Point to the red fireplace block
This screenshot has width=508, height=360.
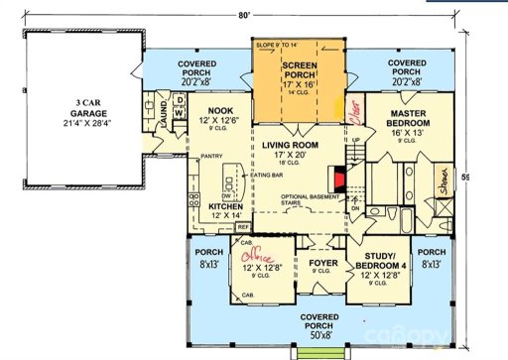[x=339, y=180]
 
